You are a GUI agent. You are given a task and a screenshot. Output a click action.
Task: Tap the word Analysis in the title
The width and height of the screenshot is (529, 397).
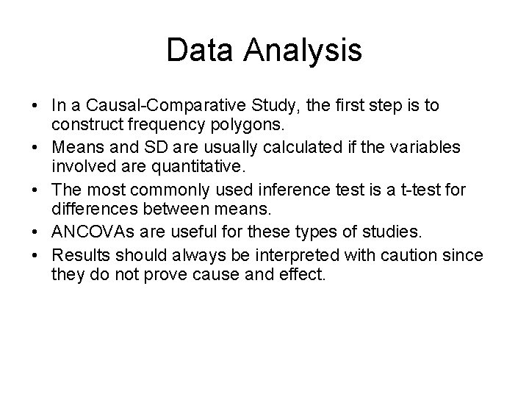303,51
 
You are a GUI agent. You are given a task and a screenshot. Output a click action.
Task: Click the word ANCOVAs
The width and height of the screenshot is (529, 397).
91,233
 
